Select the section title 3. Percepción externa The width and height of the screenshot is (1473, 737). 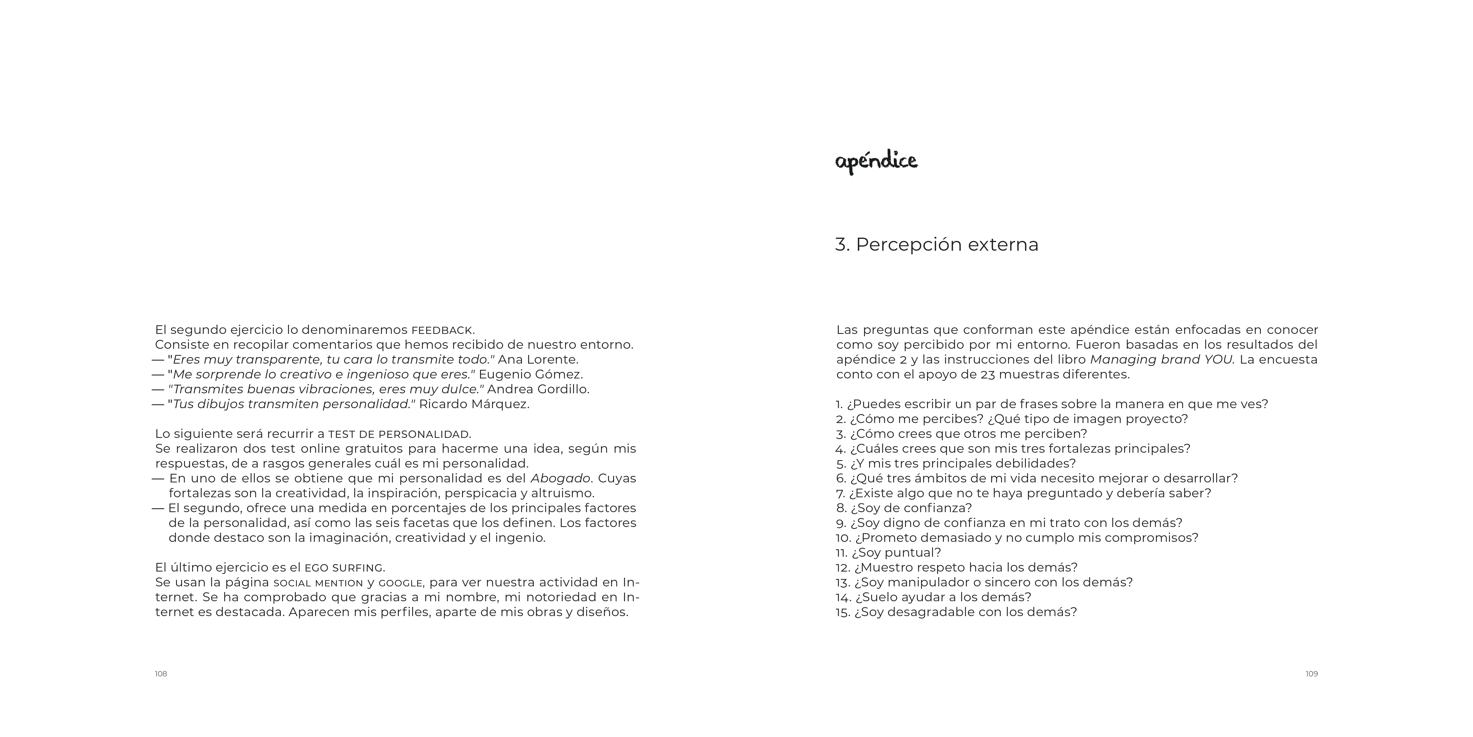937,244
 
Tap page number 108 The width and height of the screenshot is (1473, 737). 161,674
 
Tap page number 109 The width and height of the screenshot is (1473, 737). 1311,674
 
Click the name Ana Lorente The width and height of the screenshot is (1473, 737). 538,360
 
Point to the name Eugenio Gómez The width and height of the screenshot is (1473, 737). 531,375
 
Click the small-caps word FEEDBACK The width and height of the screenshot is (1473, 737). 442,331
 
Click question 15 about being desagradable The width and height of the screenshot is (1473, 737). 956,612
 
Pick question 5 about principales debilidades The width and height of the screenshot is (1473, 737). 955,463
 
